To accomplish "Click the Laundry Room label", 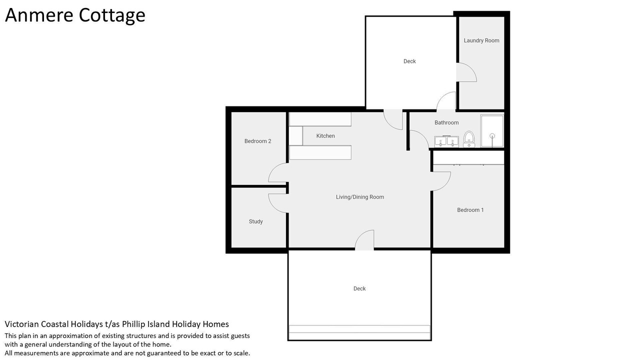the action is click(481, 40).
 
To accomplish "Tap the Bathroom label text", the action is click(446, 122).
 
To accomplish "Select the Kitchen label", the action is click(325, 135).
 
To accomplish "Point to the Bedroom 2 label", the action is click(257, 141).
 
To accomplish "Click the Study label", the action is click(255, 221).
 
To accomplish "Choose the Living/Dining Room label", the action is click(360, 197).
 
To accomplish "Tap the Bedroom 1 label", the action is click(470, 210).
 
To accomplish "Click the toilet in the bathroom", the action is click(469, 139).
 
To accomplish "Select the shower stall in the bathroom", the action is click(492, 131).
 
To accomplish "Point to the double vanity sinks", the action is click(446, 141).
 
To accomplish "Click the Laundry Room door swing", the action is click(466, 72).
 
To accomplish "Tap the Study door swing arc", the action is click(277, 203).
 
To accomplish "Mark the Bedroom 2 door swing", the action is click(277, 172).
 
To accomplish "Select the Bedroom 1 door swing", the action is click(441, 181).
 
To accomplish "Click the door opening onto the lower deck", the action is click(364, 239).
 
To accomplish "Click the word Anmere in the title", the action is click(39, 15).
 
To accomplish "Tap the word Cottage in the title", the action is click(112, 15).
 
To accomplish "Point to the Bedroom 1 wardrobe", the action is click(468, 157).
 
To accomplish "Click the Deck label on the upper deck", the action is click(409, 61).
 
